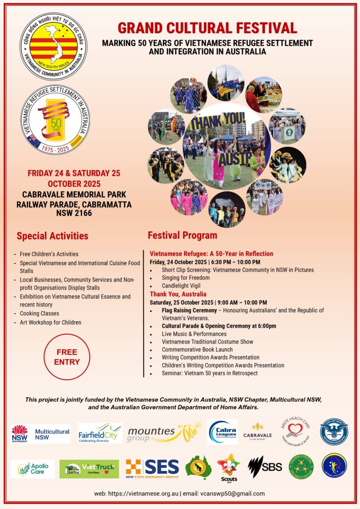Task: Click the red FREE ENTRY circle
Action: tap(68, 357)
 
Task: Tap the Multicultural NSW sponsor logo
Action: tap(40, 433)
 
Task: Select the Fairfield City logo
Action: tap(99, 433)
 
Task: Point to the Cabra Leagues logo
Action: tap(222, 431)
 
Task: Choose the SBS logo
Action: tap(265, 467)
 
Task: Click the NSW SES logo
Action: tap(152, 468)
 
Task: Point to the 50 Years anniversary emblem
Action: tap(56, 119)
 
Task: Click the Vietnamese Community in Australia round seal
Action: tap(54, 46)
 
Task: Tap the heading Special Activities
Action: tap(52, 236)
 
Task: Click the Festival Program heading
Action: tap(182, 235)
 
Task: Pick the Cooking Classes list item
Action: tap(39, 314)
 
